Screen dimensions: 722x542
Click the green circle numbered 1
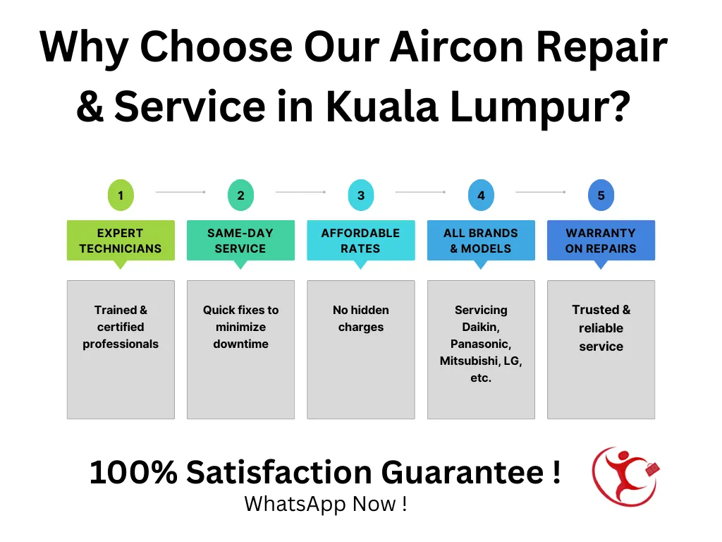pos(121,195)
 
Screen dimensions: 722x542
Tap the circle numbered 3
pos(361,195)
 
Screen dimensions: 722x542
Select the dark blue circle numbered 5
pos(601,195)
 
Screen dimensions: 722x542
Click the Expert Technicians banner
pos(121,241)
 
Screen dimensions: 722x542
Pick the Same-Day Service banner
pos(241,241)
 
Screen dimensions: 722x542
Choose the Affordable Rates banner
pos(361,241)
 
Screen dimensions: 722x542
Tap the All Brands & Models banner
pos(481,241)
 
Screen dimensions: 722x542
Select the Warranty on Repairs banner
pos(601,241)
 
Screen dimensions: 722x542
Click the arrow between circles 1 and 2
pos(180,192)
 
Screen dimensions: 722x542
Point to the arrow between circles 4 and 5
pos(541,192)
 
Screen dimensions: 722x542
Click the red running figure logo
pos(626,476)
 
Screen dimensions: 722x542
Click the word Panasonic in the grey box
pos(481,344)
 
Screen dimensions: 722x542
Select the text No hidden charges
pos(361,318)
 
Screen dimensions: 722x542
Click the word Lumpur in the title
pos(540,107)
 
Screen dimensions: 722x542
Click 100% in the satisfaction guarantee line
pos(133,472)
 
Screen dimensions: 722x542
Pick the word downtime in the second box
pos(241,344)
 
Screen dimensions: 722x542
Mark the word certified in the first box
pos(121,327)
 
